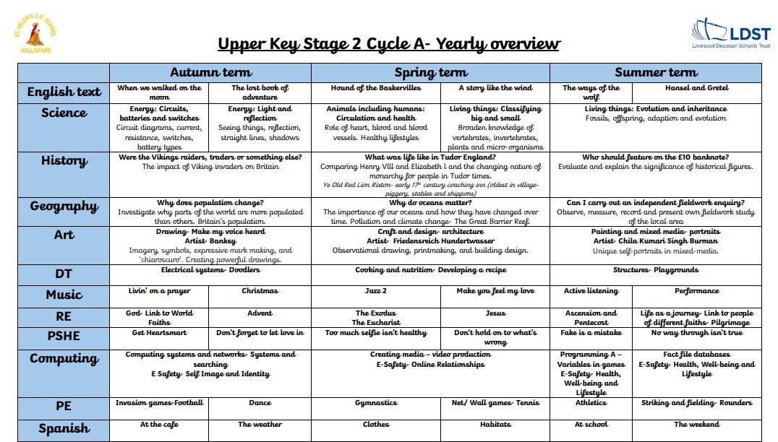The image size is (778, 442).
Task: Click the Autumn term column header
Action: (x=210, y=72)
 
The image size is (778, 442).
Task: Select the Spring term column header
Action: (x=430, y=72)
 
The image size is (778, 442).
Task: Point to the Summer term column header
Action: (x=656, y=72)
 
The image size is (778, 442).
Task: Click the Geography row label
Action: (x=64, y=207)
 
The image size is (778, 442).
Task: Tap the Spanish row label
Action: (x=64, y=428)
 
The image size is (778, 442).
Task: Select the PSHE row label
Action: (x=64, y=336)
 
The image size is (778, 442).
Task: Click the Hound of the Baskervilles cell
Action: (x=375, y=88)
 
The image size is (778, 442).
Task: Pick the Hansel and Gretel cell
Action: (x=696, y=88)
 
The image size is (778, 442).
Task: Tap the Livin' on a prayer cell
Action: (x=159, y=291)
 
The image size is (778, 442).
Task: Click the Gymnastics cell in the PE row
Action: (x=375, y=403)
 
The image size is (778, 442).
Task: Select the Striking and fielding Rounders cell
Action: (x=696, y=403)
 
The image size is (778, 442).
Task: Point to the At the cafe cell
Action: (x=159, y=425)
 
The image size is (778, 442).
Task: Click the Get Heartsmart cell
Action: (x=159, y=333)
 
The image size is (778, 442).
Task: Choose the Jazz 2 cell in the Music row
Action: (x=375, y=291)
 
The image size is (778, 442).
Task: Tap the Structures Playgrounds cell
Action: (x=655, y=270)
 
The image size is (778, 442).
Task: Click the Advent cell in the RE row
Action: (x=260, y=313)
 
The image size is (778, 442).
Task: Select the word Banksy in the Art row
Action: (x=221, y=241)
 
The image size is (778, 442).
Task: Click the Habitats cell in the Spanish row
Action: (x=495, y=425)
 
